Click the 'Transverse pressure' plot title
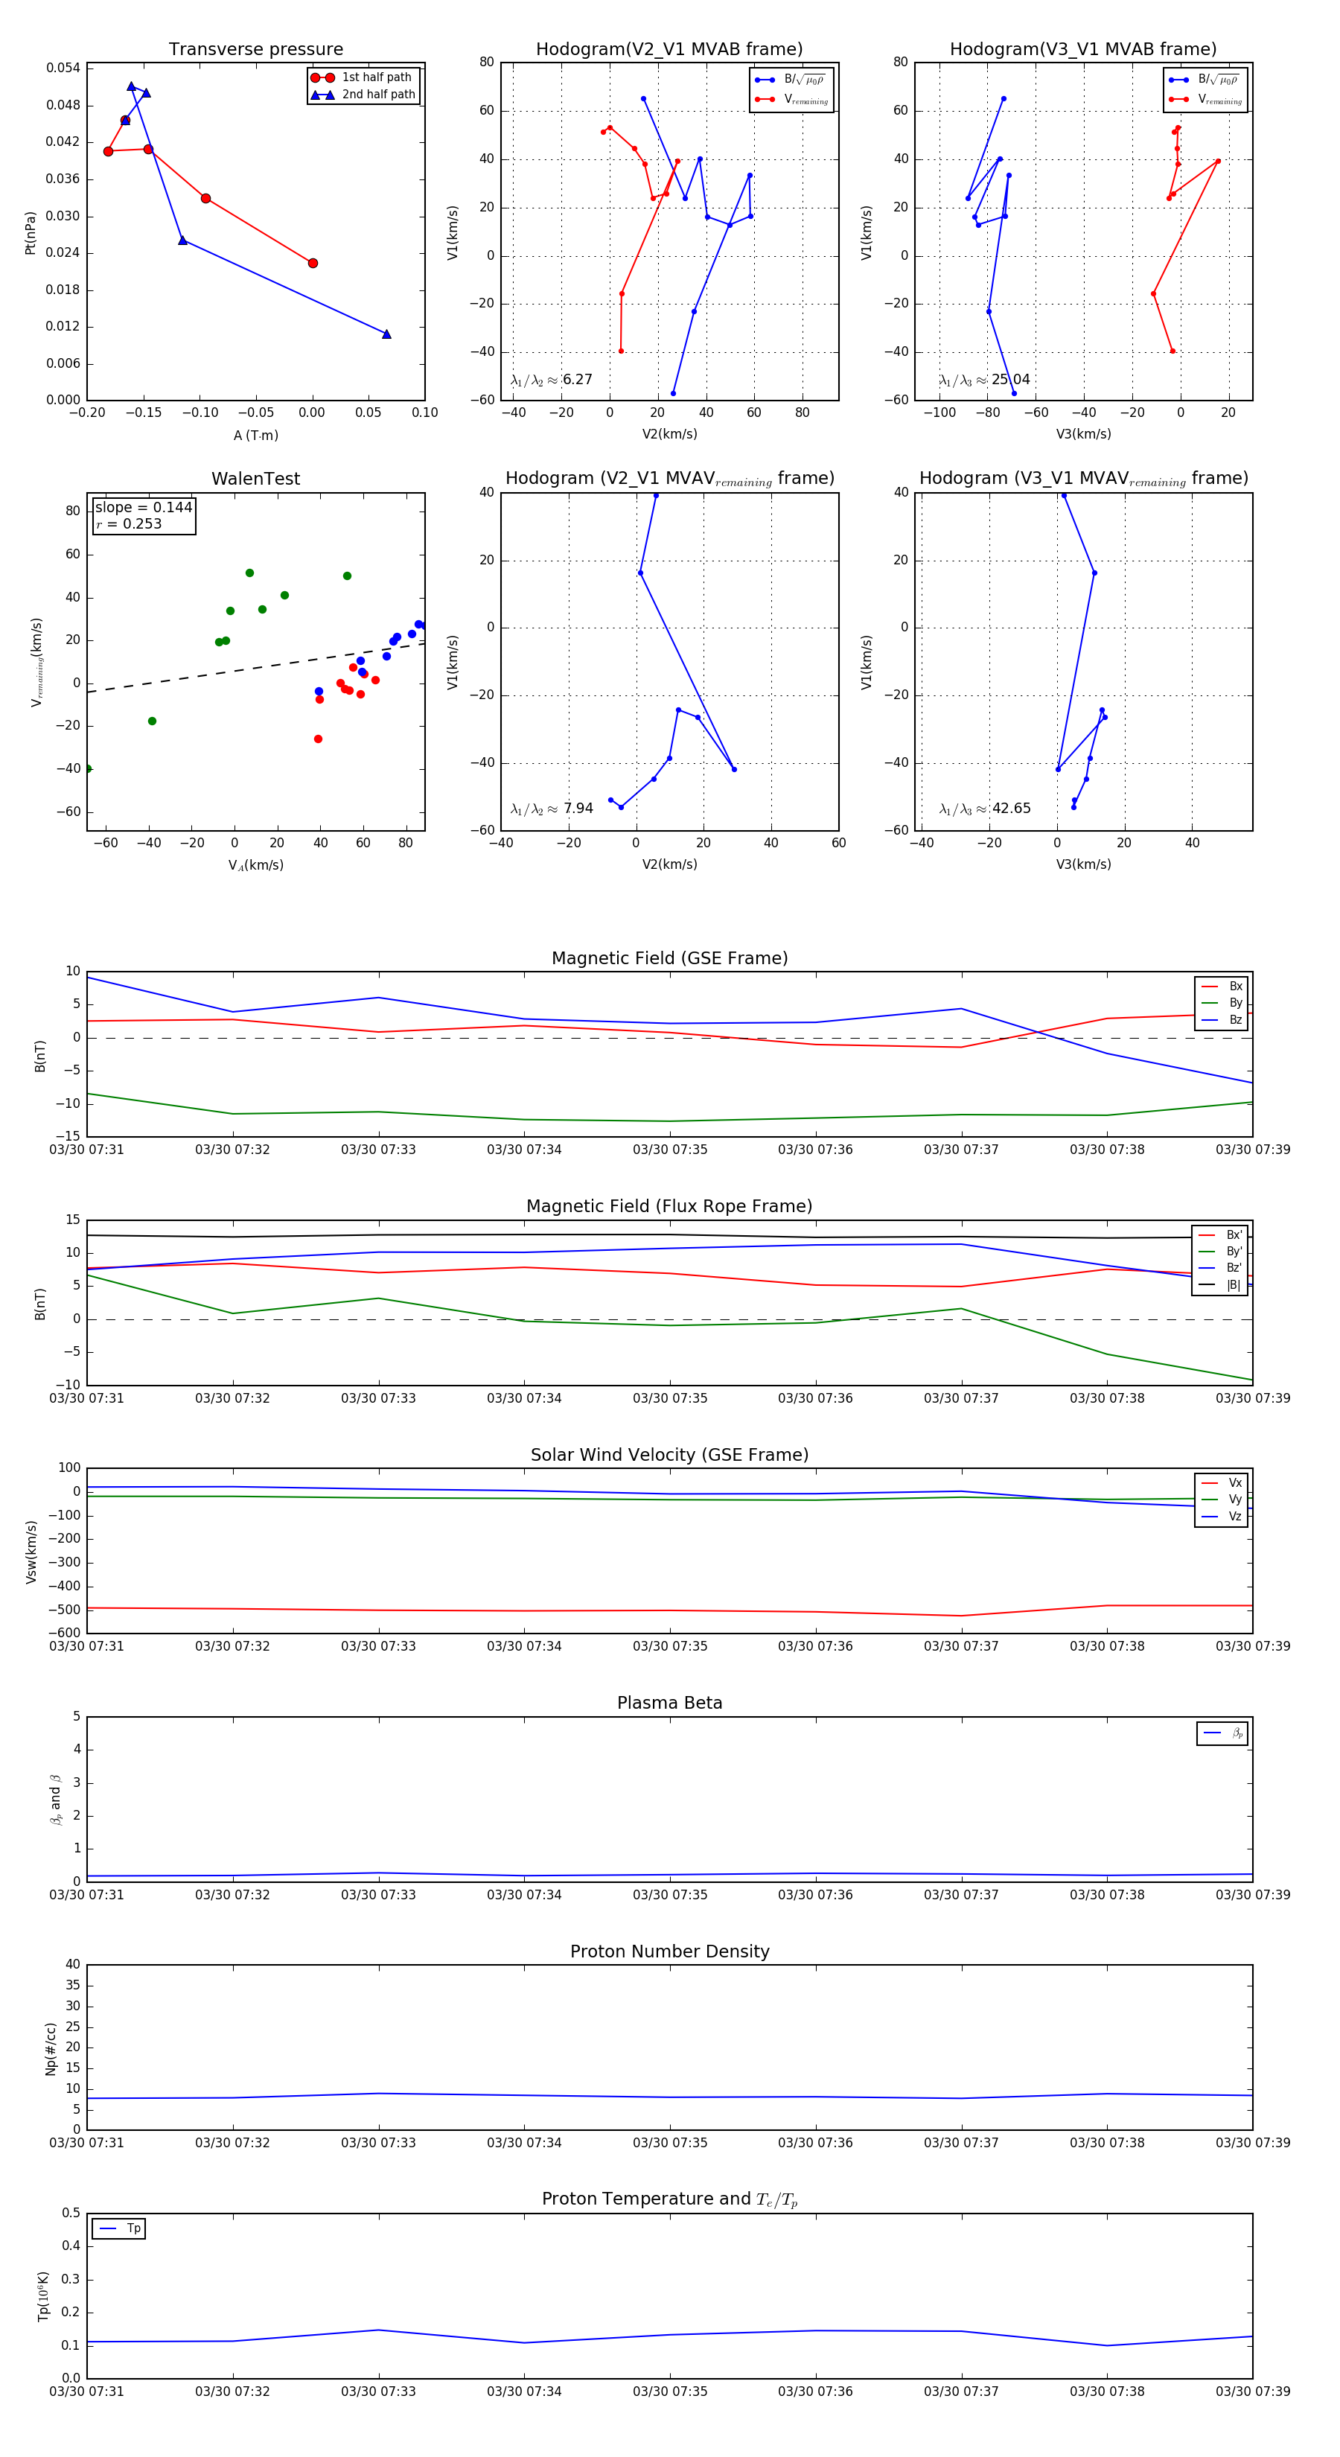pos(255,50)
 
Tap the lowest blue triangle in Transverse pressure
pos(386,334)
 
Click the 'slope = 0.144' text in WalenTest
pos(143,508)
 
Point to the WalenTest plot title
pos(255,479)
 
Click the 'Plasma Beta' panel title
pos(669,1704)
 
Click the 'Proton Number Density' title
pos(669,1951)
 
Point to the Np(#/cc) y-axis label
pos(51,2047)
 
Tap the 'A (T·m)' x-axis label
pos(255,436)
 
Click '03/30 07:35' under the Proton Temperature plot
pos(669,2391)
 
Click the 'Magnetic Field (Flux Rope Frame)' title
pos(669,1207)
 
